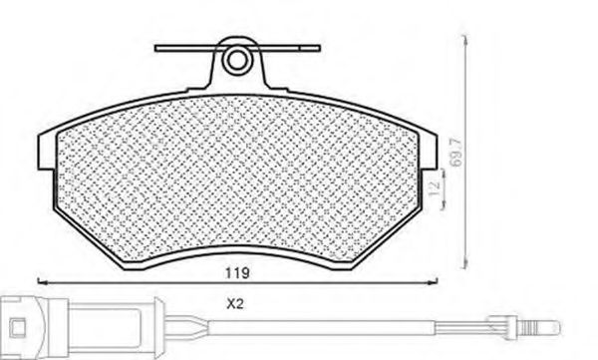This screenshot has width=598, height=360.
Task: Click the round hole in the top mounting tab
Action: click(x=236, y=61)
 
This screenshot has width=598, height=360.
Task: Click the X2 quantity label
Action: click(x=235, y=306)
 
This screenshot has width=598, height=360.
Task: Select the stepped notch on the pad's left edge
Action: click(x=45, y=160)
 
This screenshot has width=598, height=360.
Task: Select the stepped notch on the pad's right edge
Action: click(x=432, y=160)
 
